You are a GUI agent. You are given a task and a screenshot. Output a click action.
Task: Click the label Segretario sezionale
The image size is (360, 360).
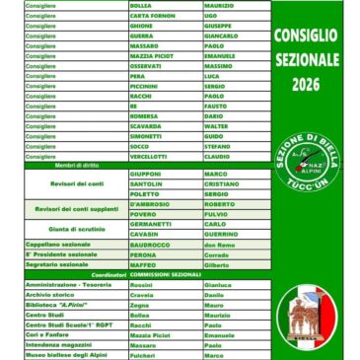(x=48, y=264)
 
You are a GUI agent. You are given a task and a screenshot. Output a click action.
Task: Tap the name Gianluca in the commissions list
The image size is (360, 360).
(x=218, y=283)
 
